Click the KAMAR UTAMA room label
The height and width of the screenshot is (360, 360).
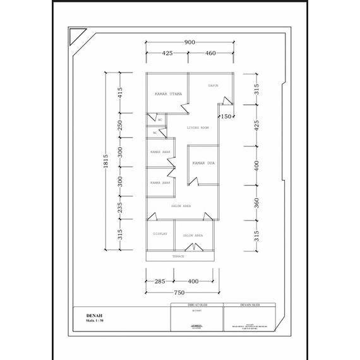tap(168, 94)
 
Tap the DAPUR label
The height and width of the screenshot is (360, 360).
tap(213, 85)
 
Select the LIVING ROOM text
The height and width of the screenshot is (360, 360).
tap(198, 128)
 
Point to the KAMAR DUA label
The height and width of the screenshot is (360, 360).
tap(204, 163)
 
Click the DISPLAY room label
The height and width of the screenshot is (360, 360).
tap(160, 234)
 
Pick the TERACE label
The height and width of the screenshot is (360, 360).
tap(178, 256)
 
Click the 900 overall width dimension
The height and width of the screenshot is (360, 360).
tap(189, 42)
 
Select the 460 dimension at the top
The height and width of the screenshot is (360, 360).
tap(210, 53)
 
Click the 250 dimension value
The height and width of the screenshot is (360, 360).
tap(119, 126)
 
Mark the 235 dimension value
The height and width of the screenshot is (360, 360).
tap(119, 208)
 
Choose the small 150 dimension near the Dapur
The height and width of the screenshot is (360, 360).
tap(226, 117)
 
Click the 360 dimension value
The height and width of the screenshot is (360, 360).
tap(256, 204)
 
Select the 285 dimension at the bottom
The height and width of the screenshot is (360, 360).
tap(160, 281)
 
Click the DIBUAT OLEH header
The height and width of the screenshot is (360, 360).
tap(196, 305)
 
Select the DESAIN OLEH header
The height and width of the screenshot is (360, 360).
tap(249, 305)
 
